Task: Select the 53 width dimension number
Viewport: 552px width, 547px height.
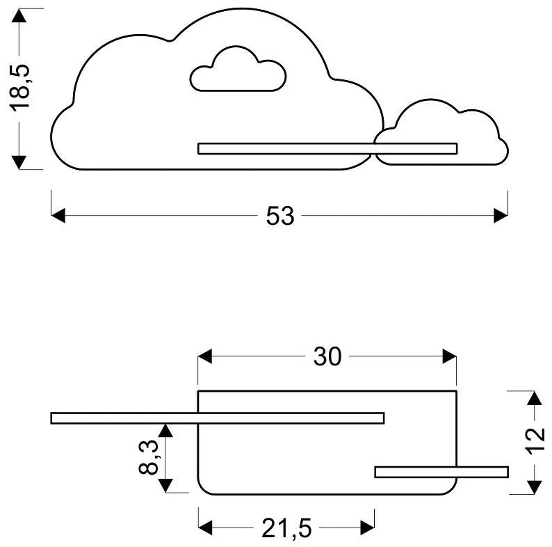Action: point(280,216)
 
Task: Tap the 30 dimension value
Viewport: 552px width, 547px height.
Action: point(327,357)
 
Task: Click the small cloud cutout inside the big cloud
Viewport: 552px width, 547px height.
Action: point(238,71)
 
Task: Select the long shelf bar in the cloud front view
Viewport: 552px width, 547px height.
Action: point(327,148)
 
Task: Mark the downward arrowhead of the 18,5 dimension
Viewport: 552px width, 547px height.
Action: point(20,161)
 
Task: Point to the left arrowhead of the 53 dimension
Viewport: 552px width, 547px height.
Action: point(58,216)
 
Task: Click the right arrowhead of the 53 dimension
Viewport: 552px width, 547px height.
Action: point(501,216)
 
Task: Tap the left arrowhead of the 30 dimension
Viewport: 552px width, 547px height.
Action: point(205,357)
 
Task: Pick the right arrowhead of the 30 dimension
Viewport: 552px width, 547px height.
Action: point(450,357)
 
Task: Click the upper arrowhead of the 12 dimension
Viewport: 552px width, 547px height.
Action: point(533,399)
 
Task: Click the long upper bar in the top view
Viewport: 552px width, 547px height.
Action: point(217,418)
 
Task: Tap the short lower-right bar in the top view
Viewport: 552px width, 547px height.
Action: point(441,472)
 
